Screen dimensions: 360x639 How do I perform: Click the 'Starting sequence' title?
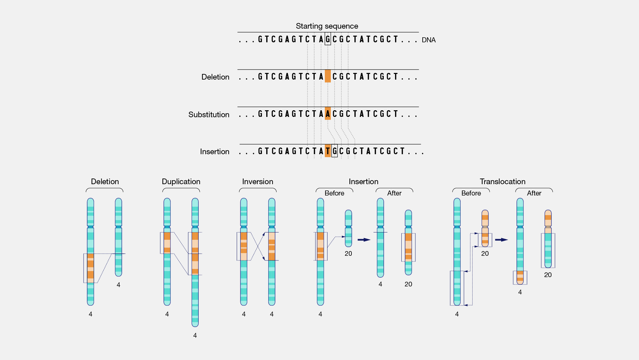pyautogui.click(x=327, y=26)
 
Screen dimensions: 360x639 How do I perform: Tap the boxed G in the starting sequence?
pyautogui.click(x=328, y=39)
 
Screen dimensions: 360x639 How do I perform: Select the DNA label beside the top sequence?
pyautogui.click(x=428, y=40)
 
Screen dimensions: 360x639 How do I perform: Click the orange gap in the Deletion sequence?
pyautogui.click(x=328, y=76)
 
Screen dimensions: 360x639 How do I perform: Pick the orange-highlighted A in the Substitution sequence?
pyautogui.click(x=328, y=114)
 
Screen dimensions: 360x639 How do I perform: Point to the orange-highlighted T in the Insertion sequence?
pyautogui.click(x=328, y=151)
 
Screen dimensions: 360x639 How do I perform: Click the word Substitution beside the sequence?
pyautogui.click(x=209, y=115)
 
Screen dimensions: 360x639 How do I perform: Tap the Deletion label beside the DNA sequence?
pyautogui.click(x=215, y=77)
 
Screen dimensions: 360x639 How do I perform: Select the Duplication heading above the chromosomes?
pyautogui.click(x=181, y=181)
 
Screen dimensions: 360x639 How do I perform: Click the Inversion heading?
pyautogui.click(x=258, y=181)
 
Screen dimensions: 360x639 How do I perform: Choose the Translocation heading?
pyautogui.click(x=503, y=181)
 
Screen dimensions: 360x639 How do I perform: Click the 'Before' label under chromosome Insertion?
pyautogui.click(x=334, y=193)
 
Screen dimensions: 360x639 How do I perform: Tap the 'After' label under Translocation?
pyautogui.click(x=534, y=193)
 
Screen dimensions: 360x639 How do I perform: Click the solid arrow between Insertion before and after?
pyautogui.click(x=364, y=240)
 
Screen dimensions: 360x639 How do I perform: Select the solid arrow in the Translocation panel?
pyautogui.click(x=501, y=240)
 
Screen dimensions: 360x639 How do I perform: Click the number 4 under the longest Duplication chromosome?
pyautogui.click(x=195, y=335)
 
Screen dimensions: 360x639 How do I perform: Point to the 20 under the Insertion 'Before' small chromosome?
pyautogui.click(x=348, y=253)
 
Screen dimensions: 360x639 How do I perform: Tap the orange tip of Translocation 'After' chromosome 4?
pyautogui.click(x=520, y=278)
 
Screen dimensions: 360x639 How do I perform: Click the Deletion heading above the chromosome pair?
pyautogui.click(x=105, y=181)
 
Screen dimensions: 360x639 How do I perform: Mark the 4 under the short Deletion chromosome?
pyautogui.click(x=118, y=285)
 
